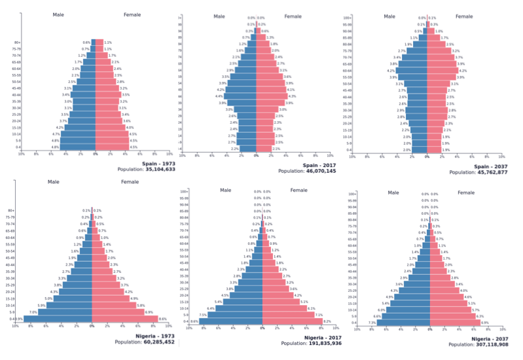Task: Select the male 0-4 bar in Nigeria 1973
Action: (x=58, y=319)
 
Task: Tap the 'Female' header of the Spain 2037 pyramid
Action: (x=467, y=16)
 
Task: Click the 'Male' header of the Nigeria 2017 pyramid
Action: (x=226, y=190)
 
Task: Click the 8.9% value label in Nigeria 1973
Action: (x=19, y=319)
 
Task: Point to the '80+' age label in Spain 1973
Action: (x=18, y=43)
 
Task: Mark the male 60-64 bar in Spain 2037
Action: (x=412, y=71)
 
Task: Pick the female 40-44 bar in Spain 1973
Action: (x=108, y=95)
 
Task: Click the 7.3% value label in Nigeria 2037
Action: (x=371, y=323)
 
